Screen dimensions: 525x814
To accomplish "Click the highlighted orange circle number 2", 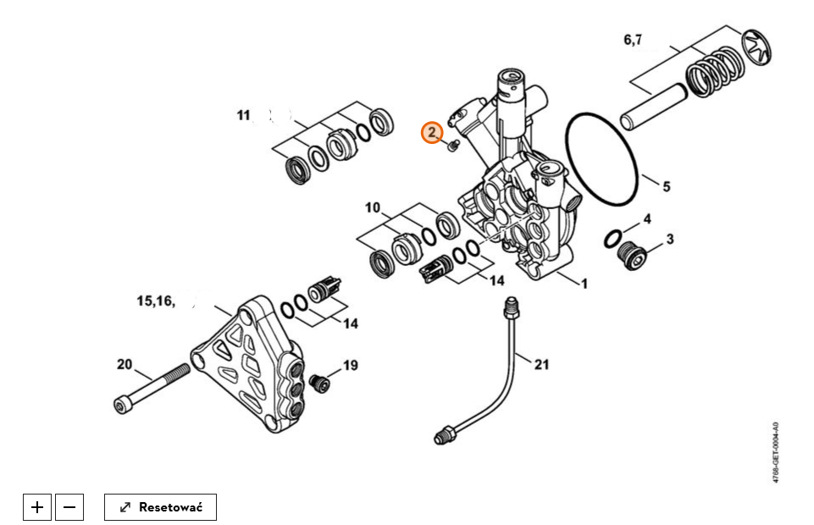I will (433, 133).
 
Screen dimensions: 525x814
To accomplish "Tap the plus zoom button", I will (37, 507).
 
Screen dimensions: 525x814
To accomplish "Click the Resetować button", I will (160, 507).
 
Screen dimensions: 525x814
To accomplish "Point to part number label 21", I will (541, 365).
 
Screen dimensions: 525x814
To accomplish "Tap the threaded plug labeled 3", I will (631, 252).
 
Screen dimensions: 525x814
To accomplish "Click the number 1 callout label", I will (584, 285).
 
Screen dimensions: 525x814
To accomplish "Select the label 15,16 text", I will (155, 301).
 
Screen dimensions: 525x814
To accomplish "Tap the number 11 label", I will (244, 115).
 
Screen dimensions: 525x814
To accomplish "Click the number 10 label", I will (373, 207).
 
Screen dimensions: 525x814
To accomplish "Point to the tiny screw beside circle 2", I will (452, 146).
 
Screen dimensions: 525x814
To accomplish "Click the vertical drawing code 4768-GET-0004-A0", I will (776, 452).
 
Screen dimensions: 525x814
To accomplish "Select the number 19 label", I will (350, 366).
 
